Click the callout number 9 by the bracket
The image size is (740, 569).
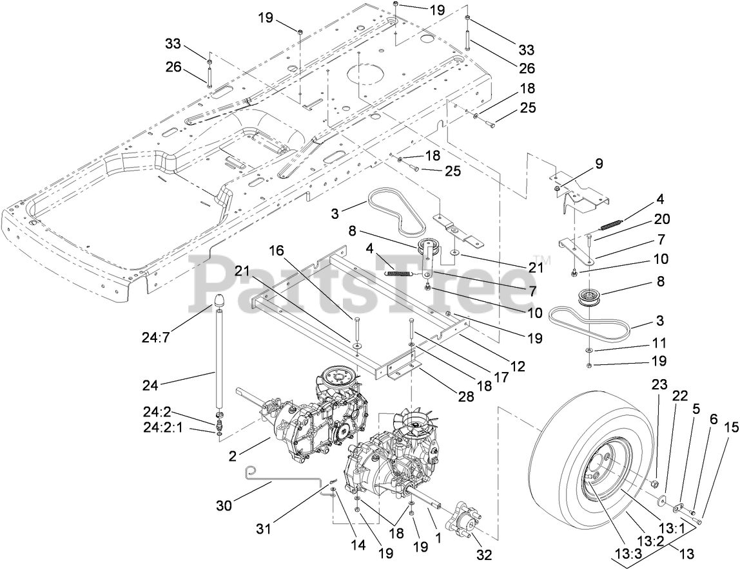599,163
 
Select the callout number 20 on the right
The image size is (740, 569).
661,219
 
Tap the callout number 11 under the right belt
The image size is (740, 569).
659,343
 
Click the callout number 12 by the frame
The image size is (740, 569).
518,366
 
